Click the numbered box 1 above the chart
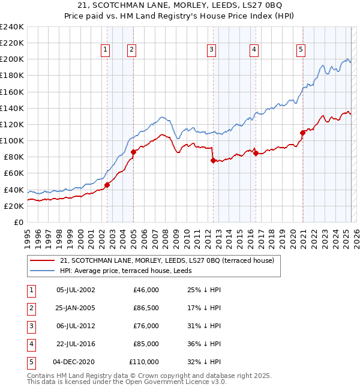[106, 50]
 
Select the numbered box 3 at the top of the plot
[212, 50]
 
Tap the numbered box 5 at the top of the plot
[300, 50]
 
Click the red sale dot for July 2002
[107, 185]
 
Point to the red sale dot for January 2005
[133, 152]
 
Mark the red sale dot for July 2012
[212, 160]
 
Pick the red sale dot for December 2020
[303, 133]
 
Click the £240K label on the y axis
[12, 27]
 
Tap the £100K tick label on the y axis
[12, 140]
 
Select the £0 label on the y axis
[18, 222]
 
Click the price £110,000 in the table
[144, 362]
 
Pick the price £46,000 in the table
[146, 290]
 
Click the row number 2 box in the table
[30, 308]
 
